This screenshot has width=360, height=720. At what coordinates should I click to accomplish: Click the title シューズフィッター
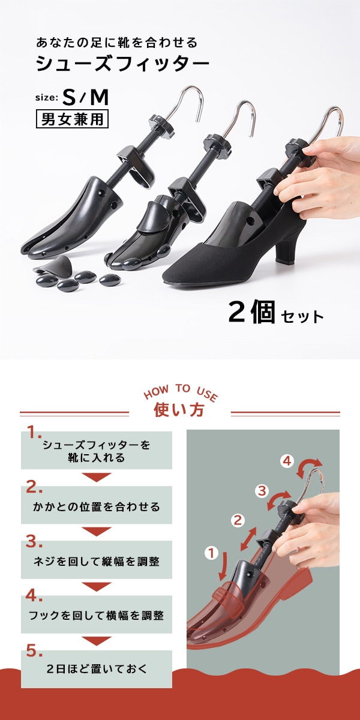pos(122,64)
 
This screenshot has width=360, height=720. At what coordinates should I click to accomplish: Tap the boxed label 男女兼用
pos(72,119)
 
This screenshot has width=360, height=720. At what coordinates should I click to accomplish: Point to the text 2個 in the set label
pos(251,311)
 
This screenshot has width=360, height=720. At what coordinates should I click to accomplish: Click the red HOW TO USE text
pos(181,392)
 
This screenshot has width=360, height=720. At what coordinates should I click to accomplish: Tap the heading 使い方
pos(179,410)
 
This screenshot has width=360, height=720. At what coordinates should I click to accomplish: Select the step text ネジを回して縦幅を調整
pos(97,562)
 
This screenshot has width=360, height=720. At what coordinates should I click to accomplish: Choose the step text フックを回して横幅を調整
pos(97,616)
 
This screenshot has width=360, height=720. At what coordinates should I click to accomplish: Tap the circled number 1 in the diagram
pos(211,553)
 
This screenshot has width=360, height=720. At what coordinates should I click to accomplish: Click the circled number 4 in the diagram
pos(287,461)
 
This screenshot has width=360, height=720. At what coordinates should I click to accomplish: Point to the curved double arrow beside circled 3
pos(278,500)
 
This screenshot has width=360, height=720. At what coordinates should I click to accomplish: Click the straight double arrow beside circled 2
pos(248,539)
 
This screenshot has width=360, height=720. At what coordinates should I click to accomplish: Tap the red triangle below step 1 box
pos(97,478)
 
